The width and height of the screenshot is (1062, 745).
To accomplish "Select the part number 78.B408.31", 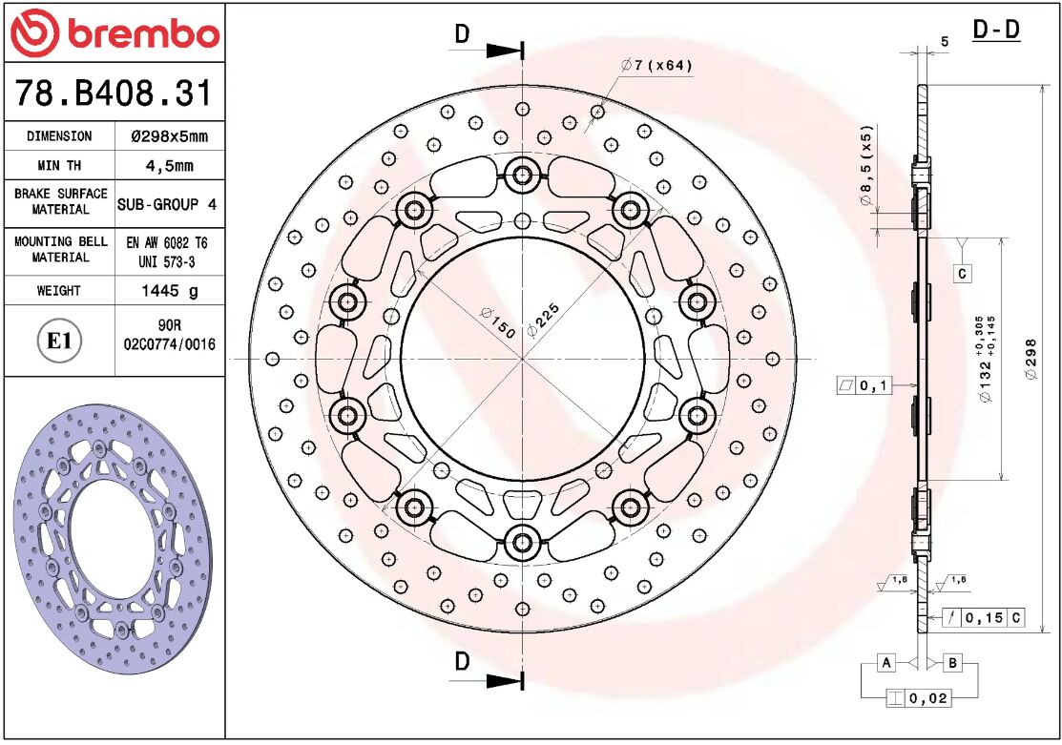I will [x=114, y=93].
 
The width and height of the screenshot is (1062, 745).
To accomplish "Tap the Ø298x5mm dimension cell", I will [x=168, y=136].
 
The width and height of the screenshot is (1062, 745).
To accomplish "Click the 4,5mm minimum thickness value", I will [x=168, y=165].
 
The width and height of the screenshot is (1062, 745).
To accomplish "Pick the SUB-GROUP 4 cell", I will [x=168, y=204].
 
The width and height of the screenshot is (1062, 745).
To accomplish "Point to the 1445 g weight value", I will [x=168, y=290].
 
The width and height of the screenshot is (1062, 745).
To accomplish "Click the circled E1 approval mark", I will [x=59, y=341].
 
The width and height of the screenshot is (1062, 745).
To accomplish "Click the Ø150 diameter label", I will [x=497, y=323].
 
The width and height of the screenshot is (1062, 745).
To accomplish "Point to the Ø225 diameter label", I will [x=543, y=318].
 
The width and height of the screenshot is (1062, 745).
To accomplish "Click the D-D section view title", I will [x=996, y=31].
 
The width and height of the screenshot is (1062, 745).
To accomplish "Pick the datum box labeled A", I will [x=886, y=662].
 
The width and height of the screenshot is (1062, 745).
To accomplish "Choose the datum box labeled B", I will [x=953, y=662].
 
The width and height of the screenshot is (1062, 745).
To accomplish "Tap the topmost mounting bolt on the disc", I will [x=522, y=175].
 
